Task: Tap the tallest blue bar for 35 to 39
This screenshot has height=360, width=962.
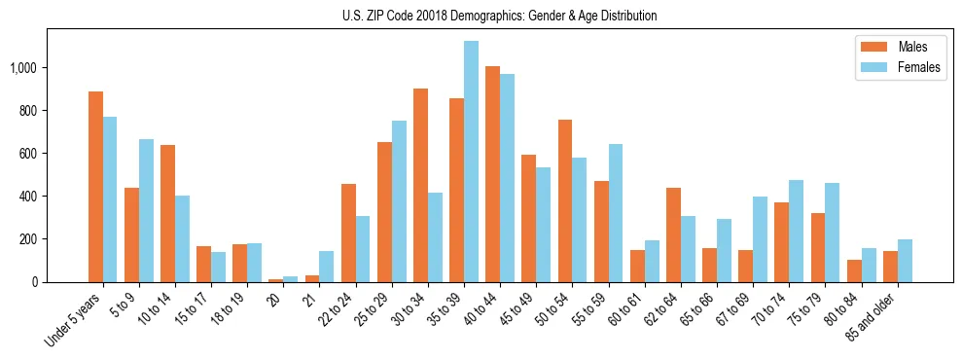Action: pos(471,162)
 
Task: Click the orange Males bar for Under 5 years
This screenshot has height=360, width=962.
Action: pos(95,187)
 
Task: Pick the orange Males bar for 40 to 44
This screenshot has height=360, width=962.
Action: pos(492,174)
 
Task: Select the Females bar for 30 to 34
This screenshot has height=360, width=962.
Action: pos(435,237)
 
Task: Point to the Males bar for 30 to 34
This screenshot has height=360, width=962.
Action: pos(420,185)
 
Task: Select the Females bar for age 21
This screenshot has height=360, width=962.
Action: pos(327,267)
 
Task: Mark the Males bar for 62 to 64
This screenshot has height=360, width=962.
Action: pos(673,234)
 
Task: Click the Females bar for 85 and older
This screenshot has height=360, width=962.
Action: pos(905,261)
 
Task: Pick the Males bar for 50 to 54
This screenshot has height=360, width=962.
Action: pos(564,200)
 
